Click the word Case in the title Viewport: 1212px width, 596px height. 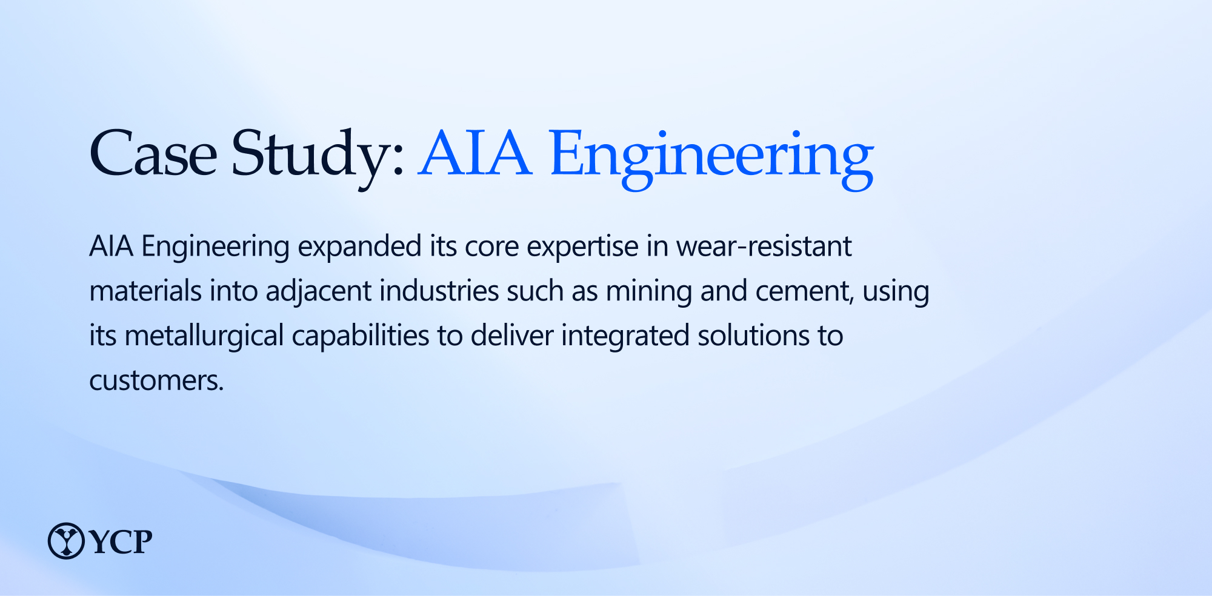[x=153, y=153]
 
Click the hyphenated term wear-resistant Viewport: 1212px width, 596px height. [x=764, y=247]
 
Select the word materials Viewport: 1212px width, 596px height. [x=145, y=291]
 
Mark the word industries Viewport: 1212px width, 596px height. [x=439, y=291]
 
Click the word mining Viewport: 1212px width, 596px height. [x=649, y=292]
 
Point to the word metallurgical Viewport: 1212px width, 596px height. [x=204, y=337]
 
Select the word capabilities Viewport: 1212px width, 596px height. [x=361, y=337]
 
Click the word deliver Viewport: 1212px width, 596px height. [x=512, y=336]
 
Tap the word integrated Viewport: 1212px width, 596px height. [x=625, y=337]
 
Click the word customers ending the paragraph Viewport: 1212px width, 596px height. [x=156, y=381]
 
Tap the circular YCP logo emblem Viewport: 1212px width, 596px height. [x=66, y=541]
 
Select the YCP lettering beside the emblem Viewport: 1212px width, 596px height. [x=121, y=541]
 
